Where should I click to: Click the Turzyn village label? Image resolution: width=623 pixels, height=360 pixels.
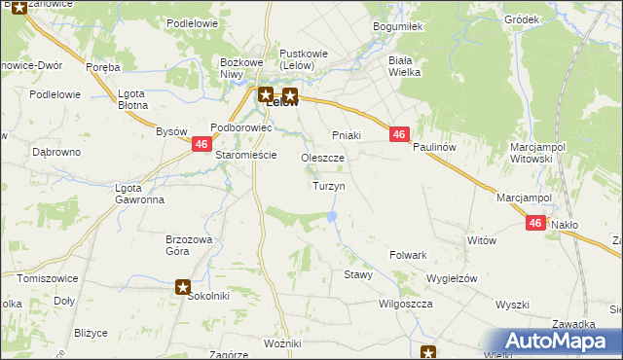pos(328,185)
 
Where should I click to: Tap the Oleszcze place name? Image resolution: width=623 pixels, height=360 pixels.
pos(322,158)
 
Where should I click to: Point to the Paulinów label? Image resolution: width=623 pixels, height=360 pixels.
pos(434,147)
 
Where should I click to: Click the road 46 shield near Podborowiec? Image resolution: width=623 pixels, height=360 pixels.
pos(200,144)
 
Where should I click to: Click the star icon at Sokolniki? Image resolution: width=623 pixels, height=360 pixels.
pos(183,286)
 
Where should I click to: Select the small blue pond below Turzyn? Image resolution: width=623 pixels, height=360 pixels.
pos(333,214)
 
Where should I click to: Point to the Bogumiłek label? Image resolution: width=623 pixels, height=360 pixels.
pos(396,27)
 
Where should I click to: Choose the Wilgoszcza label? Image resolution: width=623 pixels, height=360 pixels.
pos(406,304)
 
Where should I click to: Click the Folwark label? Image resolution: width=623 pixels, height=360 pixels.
pos(409,255)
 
